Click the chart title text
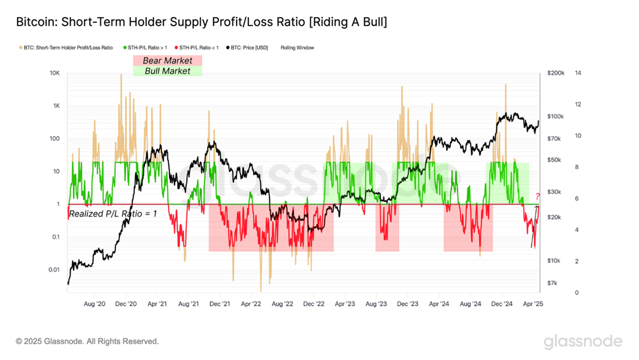(201, 22)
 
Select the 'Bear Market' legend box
(167, 60)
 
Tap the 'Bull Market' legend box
(167, 71)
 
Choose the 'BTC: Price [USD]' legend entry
(250, 48)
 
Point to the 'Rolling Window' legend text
(298, 48)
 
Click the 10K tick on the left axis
(54, 73)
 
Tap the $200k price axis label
(556, 73)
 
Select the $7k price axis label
(552, 283)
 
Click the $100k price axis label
(556, 117)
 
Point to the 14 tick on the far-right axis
(578, 73)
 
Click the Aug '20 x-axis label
(95, 304)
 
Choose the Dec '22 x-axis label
(314, 304)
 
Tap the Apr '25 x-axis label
(533, 304)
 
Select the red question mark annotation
(537, 196)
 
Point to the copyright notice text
(87, 342)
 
